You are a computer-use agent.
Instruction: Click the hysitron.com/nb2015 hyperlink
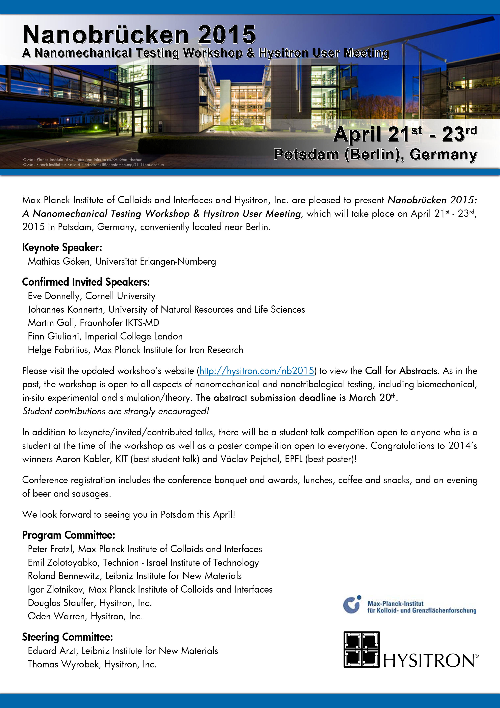(x=257, y=371)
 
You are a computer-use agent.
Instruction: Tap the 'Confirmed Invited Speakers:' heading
(x=86, y=282)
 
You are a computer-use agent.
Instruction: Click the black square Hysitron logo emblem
(x=361, y=649)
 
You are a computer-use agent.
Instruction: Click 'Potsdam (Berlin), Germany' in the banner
(x=375, y=154)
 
